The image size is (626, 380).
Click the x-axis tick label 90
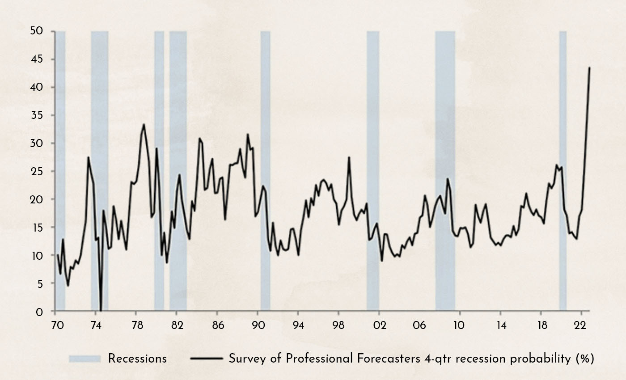(x=258, y=325)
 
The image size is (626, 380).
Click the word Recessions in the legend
(x=137, y=359)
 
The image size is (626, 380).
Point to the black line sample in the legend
(x=207, y=359)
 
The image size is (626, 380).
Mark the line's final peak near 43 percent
(x=589, y=68)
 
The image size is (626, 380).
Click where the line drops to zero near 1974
(x=101, y=310)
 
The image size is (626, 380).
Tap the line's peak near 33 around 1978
(x=144, y=125)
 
